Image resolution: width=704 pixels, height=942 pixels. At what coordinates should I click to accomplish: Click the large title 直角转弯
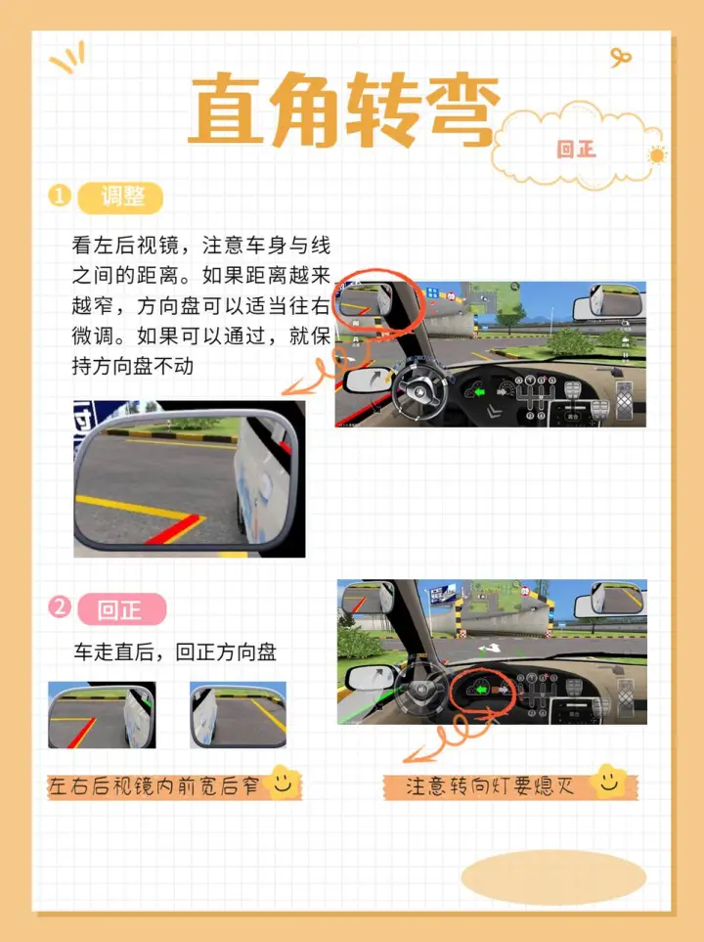(344, 110)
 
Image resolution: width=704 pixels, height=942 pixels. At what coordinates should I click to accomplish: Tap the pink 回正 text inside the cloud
(576, 149)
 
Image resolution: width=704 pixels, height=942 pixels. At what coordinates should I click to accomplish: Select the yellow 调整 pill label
(120, 197)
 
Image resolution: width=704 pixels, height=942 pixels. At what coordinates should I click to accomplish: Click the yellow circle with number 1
(60, 196)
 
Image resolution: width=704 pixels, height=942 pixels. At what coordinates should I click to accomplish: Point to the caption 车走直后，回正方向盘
(175, 651)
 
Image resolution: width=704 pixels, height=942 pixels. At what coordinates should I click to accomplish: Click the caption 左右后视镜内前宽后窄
(154, 785)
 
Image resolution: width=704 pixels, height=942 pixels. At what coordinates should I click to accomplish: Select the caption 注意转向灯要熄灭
(490, 785)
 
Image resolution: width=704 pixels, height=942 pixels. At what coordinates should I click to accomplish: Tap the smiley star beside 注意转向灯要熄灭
(609, 781)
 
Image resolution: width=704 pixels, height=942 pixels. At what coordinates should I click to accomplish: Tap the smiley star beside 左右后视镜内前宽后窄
(283, 782)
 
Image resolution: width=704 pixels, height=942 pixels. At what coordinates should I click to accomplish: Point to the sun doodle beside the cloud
(656, 156)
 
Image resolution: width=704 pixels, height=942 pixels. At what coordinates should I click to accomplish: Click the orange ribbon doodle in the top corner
(620, 58)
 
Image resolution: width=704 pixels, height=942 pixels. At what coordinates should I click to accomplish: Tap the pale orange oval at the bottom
(553, 877)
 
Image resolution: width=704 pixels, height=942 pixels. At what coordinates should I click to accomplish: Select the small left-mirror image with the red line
(102, 715)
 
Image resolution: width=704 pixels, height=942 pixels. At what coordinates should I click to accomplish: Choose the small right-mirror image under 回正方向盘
(238, 715)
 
